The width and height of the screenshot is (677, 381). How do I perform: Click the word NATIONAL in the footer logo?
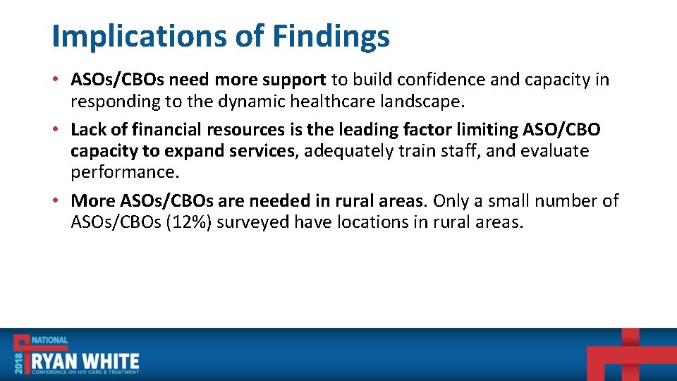(49, 340)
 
